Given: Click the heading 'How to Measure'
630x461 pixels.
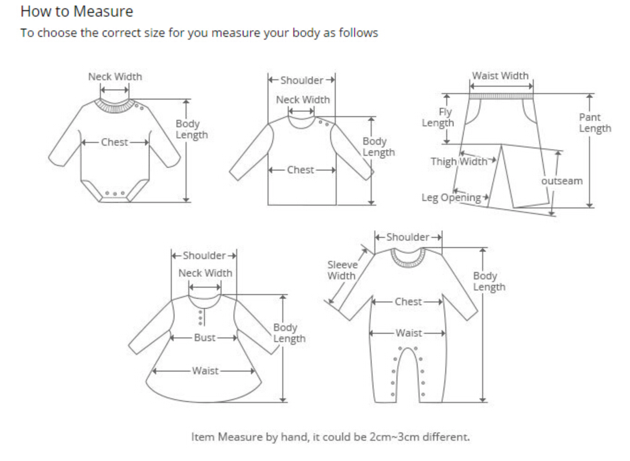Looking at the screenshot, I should [x=77, y=11].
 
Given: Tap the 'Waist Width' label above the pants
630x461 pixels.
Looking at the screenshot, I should [x=500, y=76].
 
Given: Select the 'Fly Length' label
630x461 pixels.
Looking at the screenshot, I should [x=438, y=118].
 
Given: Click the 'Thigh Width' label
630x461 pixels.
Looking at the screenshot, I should [x=459, y=161].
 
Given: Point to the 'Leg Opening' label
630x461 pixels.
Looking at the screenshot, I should [x=451, y=198].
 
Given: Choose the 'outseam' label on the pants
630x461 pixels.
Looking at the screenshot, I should [x=562, y=181].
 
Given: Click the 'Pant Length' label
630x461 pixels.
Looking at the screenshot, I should [x=595, y=123].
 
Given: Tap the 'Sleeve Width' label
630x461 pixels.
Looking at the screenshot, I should [x=342, y=270].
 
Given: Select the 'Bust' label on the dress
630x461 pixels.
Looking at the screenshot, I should [x=204, y=337].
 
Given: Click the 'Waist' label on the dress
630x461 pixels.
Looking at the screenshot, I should [x=205, y=371].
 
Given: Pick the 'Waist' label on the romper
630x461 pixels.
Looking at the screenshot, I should [x=408, y=333].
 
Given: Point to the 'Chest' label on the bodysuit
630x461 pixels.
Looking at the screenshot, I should [x=115, y=142].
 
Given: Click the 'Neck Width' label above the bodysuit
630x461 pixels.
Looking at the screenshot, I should [x=115, y=77].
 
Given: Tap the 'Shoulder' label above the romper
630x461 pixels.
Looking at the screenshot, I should [x=408, y=237].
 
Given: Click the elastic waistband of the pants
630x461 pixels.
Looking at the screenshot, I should [x=501, y=96].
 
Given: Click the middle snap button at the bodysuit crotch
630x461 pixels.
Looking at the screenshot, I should [x=115, y=194].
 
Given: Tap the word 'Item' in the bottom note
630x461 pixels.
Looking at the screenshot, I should [x=202, y=437].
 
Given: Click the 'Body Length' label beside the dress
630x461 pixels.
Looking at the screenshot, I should [x=289, y=333].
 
